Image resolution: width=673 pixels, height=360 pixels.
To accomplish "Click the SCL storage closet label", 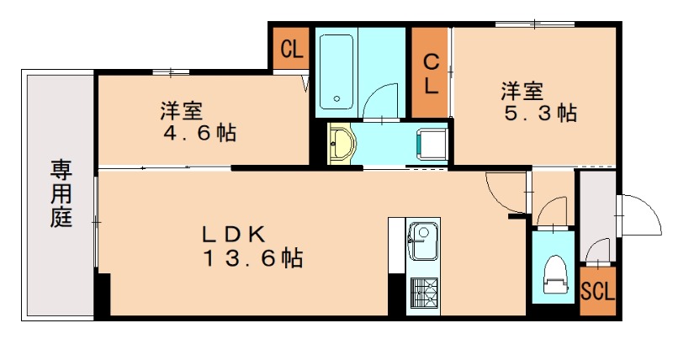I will [x=598, y=293].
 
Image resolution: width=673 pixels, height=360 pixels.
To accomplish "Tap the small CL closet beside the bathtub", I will [x=292, y=48].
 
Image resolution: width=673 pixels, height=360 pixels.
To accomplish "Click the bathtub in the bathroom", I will [x=336, y=71].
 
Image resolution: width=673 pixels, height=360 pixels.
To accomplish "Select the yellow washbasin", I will [x=342, y=143].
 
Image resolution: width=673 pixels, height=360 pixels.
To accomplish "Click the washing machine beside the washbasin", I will [x=433, y=144].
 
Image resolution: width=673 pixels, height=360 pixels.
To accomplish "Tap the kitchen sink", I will [x=423, y=241].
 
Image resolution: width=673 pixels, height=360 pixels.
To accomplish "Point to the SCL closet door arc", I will [x=598, y=251].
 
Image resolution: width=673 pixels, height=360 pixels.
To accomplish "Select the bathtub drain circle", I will [x=337, y=98].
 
